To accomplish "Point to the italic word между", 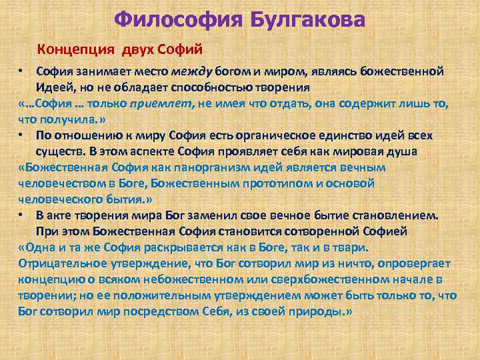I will [192, 71].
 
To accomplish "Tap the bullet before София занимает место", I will [22, 71].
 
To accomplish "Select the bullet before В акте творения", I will [22, 215].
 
